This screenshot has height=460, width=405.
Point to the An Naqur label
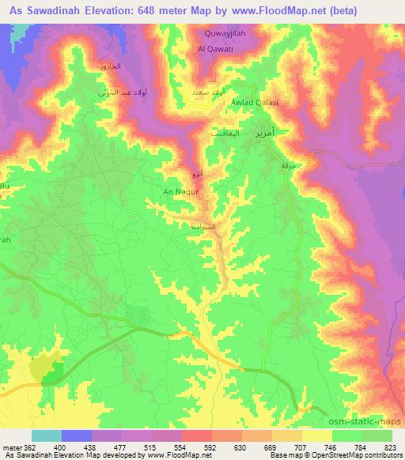pyautogui.click(x=175, y=191)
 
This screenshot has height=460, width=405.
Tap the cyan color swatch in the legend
pyautogui.click(x=47, y=435)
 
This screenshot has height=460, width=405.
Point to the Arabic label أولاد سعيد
pyautogui.click(x=210, y=92)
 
